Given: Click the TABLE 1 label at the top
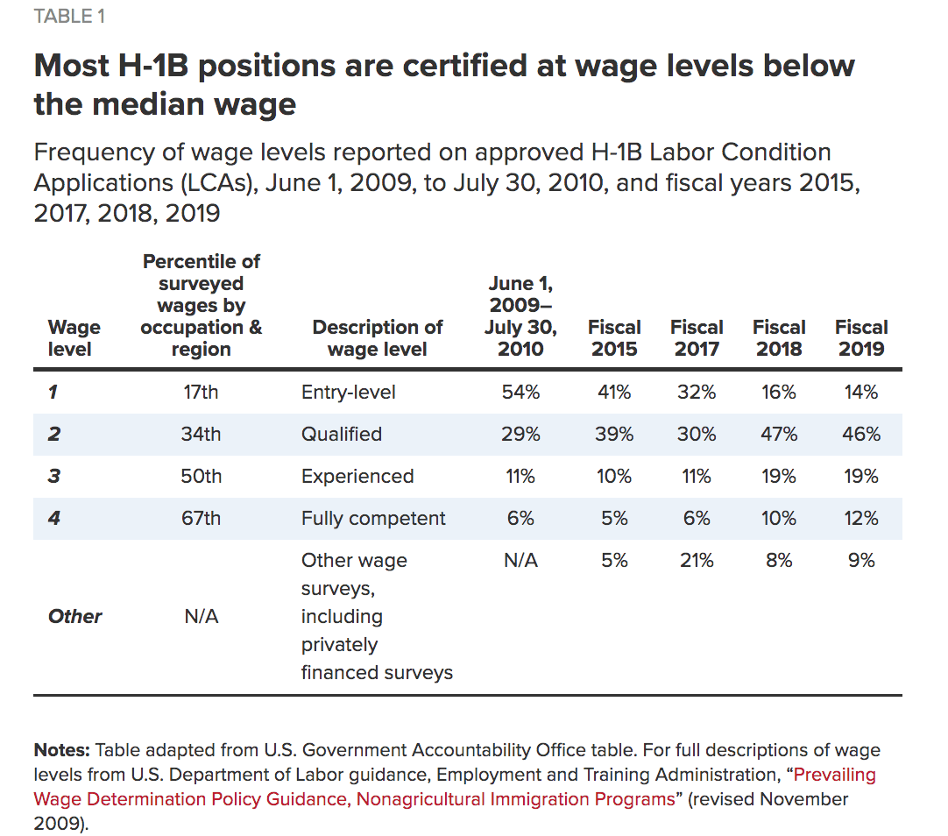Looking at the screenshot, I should [69, 18].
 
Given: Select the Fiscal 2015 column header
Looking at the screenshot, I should [614, 337].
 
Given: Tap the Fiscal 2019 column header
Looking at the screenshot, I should [861, 337].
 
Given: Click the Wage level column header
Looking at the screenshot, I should [74, 337].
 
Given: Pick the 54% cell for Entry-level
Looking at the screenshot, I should [520, 393].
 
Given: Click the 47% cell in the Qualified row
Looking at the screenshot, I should [779, 435].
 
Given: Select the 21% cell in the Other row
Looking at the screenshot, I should [697, 561].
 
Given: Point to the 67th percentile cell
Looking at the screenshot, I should [201, 519].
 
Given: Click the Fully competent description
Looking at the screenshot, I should [373, 519].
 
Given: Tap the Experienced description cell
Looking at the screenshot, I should [357, 477].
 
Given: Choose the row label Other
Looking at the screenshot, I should [74, 617].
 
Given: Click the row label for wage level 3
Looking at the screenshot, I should [54, 477].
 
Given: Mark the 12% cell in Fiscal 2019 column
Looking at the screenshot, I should [861, 519].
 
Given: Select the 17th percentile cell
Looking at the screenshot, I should [201, 393].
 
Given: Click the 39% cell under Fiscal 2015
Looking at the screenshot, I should [614, 435].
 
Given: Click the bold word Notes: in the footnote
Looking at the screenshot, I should [61, 750].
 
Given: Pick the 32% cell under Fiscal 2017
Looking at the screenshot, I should [697, 393].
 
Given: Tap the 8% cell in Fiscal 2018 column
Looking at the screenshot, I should [779, 561].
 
